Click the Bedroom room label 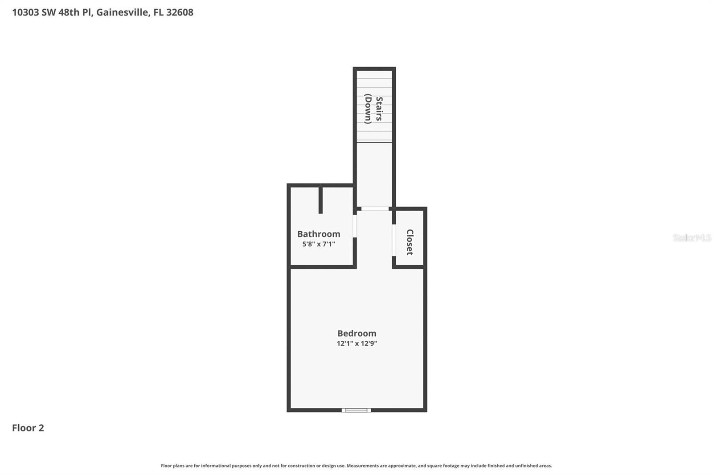click(x=356, y=333)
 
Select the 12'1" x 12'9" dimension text click(x=356, y=344)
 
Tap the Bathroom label click(x=319, y=234)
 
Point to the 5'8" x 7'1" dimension click(x=319, y=244)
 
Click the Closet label click(x=410, y=242)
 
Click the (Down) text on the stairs click(x=368, y=109)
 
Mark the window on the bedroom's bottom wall click(x=356, y=410)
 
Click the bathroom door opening click(x=355, y=226)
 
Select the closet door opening click(x=394, y=240)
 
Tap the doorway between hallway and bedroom click(x=375, y=209)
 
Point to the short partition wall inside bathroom click(x=320, y=199)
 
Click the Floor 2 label click(x=28, y=428)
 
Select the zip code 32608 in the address click(x=180, y=12)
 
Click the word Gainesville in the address click(x=123, y=12)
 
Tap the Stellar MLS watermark click(x=692, y=237)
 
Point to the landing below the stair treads click(x=374, y=174)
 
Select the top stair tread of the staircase click(x=374, y=74)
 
